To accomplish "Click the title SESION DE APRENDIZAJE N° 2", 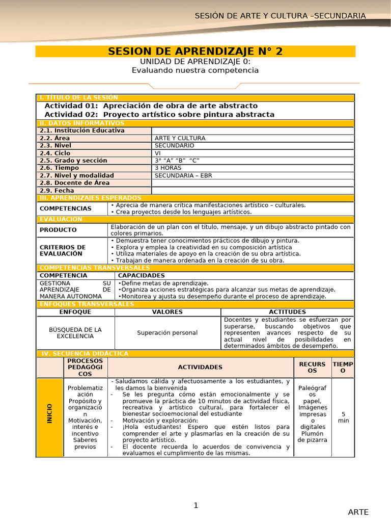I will pyautogui.click(x=195, y=51).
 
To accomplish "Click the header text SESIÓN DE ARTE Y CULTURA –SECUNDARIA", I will pyautogui.click(x=280, y=16).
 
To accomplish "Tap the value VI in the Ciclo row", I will pyautogui.click(x=158, y=153).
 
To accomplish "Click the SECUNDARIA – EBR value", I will pyautogui.click(x=183, y=175).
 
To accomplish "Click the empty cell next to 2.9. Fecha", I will pyautogui.click(x=252, y=190).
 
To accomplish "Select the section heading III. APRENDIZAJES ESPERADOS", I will pyautogui.click(x=90, y=198).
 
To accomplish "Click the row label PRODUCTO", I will pyautogui.click(x=58, y=230).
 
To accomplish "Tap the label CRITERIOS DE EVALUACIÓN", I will pyautogui.click(x=63, y=250).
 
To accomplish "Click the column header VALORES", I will pyautogui.click(x=167, y=311).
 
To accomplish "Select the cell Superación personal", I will pyautogui.click(x=167, y=333).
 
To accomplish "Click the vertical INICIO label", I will pyautogui.click(x=49, y=413).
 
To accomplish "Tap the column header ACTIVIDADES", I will pyautogui.click(x=200, y=367).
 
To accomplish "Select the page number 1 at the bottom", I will pyautogui.click(x=195, y=505).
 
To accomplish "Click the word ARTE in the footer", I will pyautogui.click(x=358, y=512).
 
